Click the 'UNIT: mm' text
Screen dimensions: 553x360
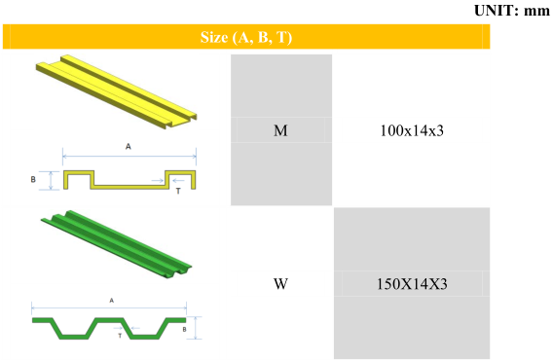[x=512, y=11]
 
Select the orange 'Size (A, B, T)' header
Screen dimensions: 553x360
[x=246, y=37]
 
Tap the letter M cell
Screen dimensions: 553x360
[x=280, y=130]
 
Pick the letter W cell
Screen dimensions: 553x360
[x=280, y=283]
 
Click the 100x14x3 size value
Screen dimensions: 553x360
[x=412, y=130]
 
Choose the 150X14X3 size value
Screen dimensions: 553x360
[x=412, y=284]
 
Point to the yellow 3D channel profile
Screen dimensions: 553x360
[x=117, y=91]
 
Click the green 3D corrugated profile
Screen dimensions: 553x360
[x=117, y=244]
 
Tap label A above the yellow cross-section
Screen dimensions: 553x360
[x=128, y=146]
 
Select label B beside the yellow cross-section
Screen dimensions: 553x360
[x=33, y=179]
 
